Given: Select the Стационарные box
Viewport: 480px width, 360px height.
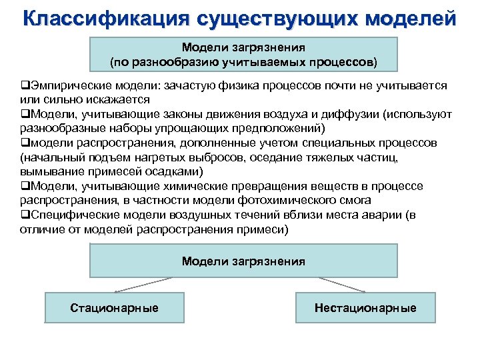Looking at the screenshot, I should pyautogui.click(x=115, y=308).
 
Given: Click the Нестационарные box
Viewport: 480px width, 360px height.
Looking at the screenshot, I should pyautogui.click(x=365, y=308).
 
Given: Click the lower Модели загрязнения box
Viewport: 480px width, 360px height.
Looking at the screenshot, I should pyautogui.click(x=243, y=261).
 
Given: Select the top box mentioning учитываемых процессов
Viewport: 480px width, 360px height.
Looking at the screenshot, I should pyautogui.click(x=243, y=55).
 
